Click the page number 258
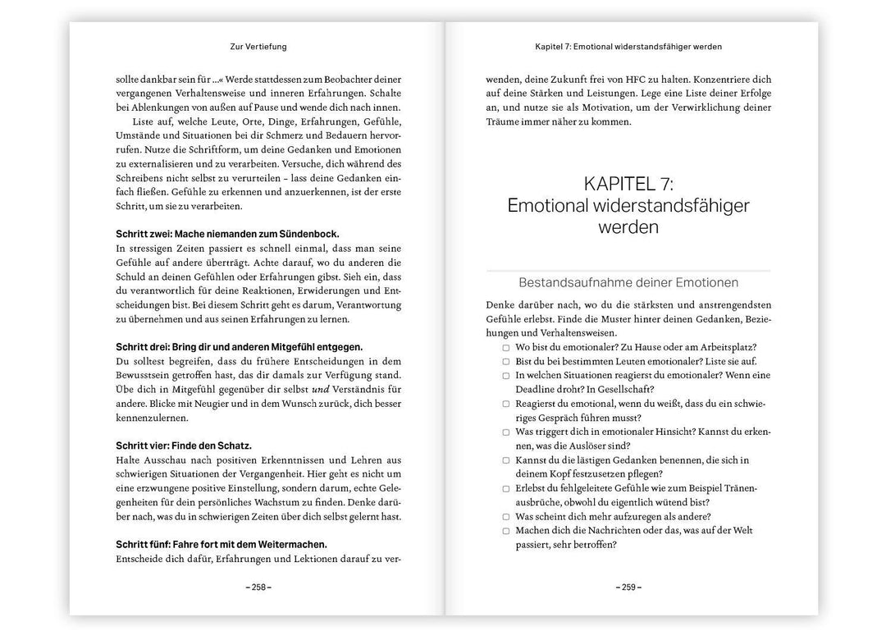tap(258, 587)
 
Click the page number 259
tap(628, 587)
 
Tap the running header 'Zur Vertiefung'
tap(258, 47)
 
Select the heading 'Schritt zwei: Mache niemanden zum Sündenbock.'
tap(227, 234)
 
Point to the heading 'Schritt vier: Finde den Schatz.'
tap(184, 446)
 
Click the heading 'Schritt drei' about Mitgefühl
tap(239, 347)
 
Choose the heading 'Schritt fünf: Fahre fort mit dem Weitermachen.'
tap(221, 544)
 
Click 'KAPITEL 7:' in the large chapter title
tap(628, 184)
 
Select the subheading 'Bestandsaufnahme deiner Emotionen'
tap(628, 283)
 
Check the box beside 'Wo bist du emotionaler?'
tap(506, 347)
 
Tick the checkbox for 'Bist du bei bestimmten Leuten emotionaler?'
tap(506, 361)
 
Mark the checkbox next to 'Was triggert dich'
tap(506, 432)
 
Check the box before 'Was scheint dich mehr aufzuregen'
tap(506, 517)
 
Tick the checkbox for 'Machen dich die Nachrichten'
tap(506, 531)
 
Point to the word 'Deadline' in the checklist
tap(538, 389)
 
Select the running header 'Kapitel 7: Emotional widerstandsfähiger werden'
tap(628, 47)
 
